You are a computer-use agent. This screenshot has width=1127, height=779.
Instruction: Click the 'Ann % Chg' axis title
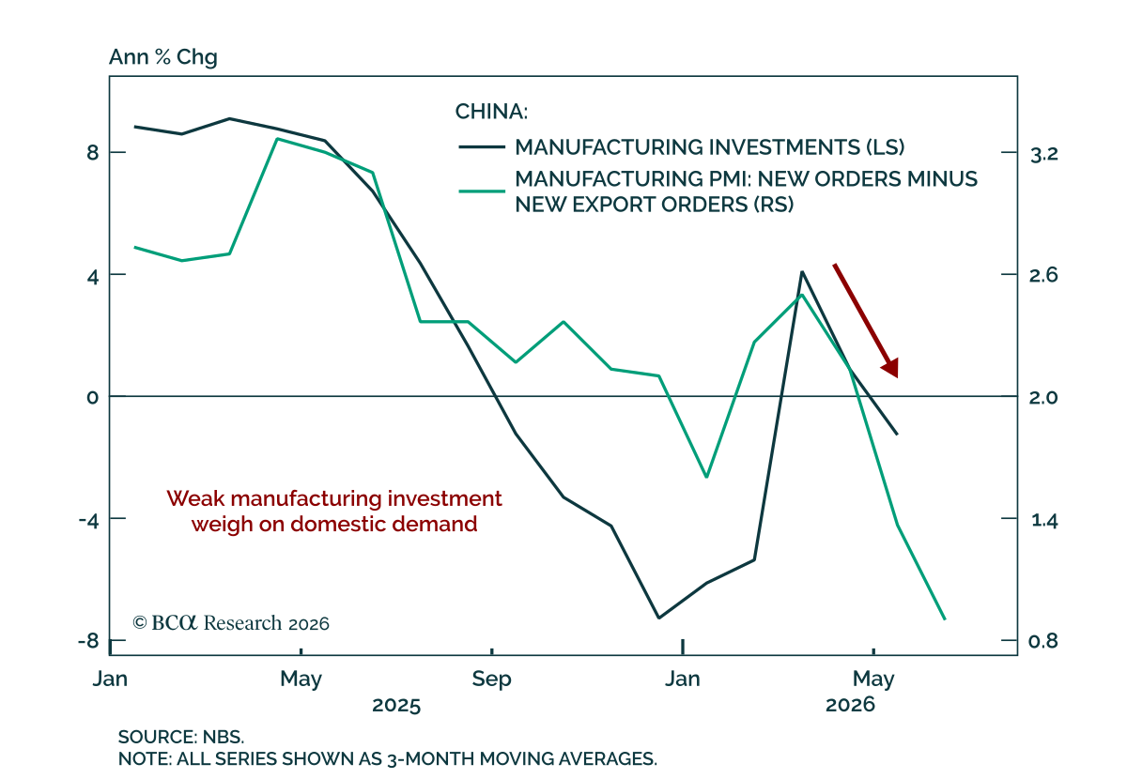coord(163,57)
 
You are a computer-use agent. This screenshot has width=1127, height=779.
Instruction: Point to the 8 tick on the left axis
coord(93,152)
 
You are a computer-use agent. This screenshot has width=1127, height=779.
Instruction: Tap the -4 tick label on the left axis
coord(89,519)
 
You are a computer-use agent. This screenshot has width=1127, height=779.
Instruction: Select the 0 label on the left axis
coord(93,397)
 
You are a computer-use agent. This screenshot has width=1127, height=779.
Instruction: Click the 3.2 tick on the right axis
coord(1044,154)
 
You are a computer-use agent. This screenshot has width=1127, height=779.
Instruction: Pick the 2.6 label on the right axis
coord(1044,275)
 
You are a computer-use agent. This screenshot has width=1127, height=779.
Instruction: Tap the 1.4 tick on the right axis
coord(1044,520)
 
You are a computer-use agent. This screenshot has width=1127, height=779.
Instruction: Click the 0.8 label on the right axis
coord(1044,641)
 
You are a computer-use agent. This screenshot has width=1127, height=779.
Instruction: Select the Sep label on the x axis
coord(491,680)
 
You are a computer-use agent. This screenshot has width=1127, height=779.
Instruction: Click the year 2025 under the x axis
coord(396,705)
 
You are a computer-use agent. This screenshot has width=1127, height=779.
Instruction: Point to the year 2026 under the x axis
coord(850,705)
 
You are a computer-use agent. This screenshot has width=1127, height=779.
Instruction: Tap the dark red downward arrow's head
coord(891,369)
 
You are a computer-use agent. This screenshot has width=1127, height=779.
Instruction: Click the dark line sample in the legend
coord(482,146)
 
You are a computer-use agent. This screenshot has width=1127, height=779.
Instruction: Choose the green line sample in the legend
coord(482,191)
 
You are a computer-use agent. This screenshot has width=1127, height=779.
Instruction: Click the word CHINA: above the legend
coord(491,112)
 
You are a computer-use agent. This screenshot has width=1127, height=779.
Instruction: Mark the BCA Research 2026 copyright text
coord(231,623)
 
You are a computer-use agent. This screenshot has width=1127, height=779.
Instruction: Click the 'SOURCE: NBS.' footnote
coord(181,737)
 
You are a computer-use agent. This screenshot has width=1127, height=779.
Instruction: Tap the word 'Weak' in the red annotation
coord(195,499)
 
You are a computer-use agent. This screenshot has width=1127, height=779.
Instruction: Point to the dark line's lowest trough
coord(659,618)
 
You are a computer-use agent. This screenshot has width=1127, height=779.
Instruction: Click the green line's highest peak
coord(278,138)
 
